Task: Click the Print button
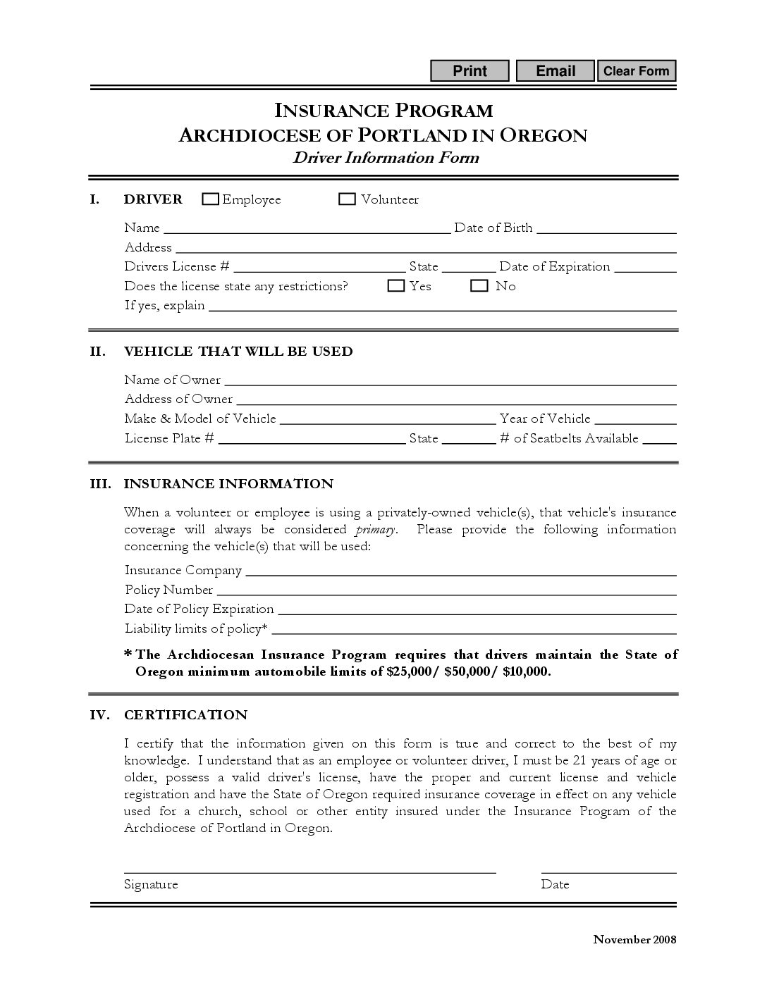click(470, 71)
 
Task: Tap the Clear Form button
click(636, 71)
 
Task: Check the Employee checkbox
click(210, 199)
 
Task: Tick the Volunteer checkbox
click(347, 199)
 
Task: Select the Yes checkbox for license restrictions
click(396, 286)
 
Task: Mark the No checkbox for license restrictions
click(479, 286)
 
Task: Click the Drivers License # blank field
click(319, 267)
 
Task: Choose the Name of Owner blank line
click(450, 380)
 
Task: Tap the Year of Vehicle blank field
click(635, 419)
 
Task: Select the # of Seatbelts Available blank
click(659, 439)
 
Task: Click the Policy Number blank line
click(446, 590)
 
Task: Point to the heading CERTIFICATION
click(186, 715)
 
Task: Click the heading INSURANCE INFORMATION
click(228, 484)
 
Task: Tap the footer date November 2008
click(634, 939)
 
